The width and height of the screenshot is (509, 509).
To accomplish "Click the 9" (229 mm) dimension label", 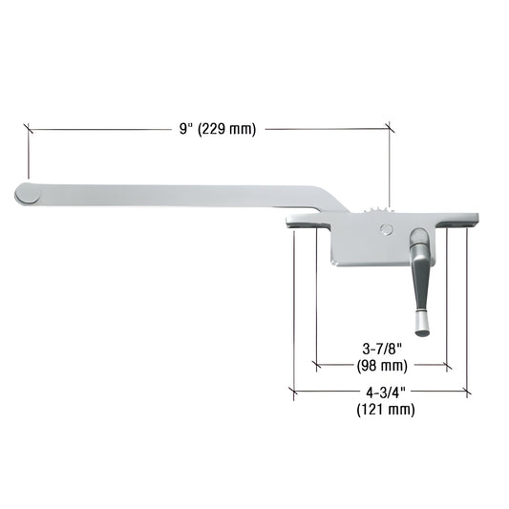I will [x=217, y=129].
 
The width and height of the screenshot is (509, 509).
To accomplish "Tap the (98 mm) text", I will [x=381, y=366].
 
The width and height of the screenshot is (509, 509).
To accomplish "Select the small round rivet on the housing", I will [x=385, y=229].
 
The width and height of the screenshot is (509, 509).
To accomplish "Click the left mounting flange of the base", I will [x=303, y=223].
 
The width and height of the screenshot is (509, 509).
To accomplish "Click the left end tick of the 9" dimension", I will [x=29, y=128].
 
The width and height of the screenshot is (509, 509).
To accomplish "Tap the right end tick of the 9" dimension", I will [x=390, y=128].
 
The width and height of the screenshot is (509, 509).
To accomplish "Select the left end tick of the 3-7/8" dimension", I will [x=316, y=365].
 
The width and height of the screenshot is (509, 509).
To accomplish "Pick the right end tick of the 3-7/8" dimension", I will [x=447, y=365].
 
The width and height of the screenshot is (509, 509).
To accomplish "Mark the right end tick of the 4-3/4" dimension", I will [x=466, y=392].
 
